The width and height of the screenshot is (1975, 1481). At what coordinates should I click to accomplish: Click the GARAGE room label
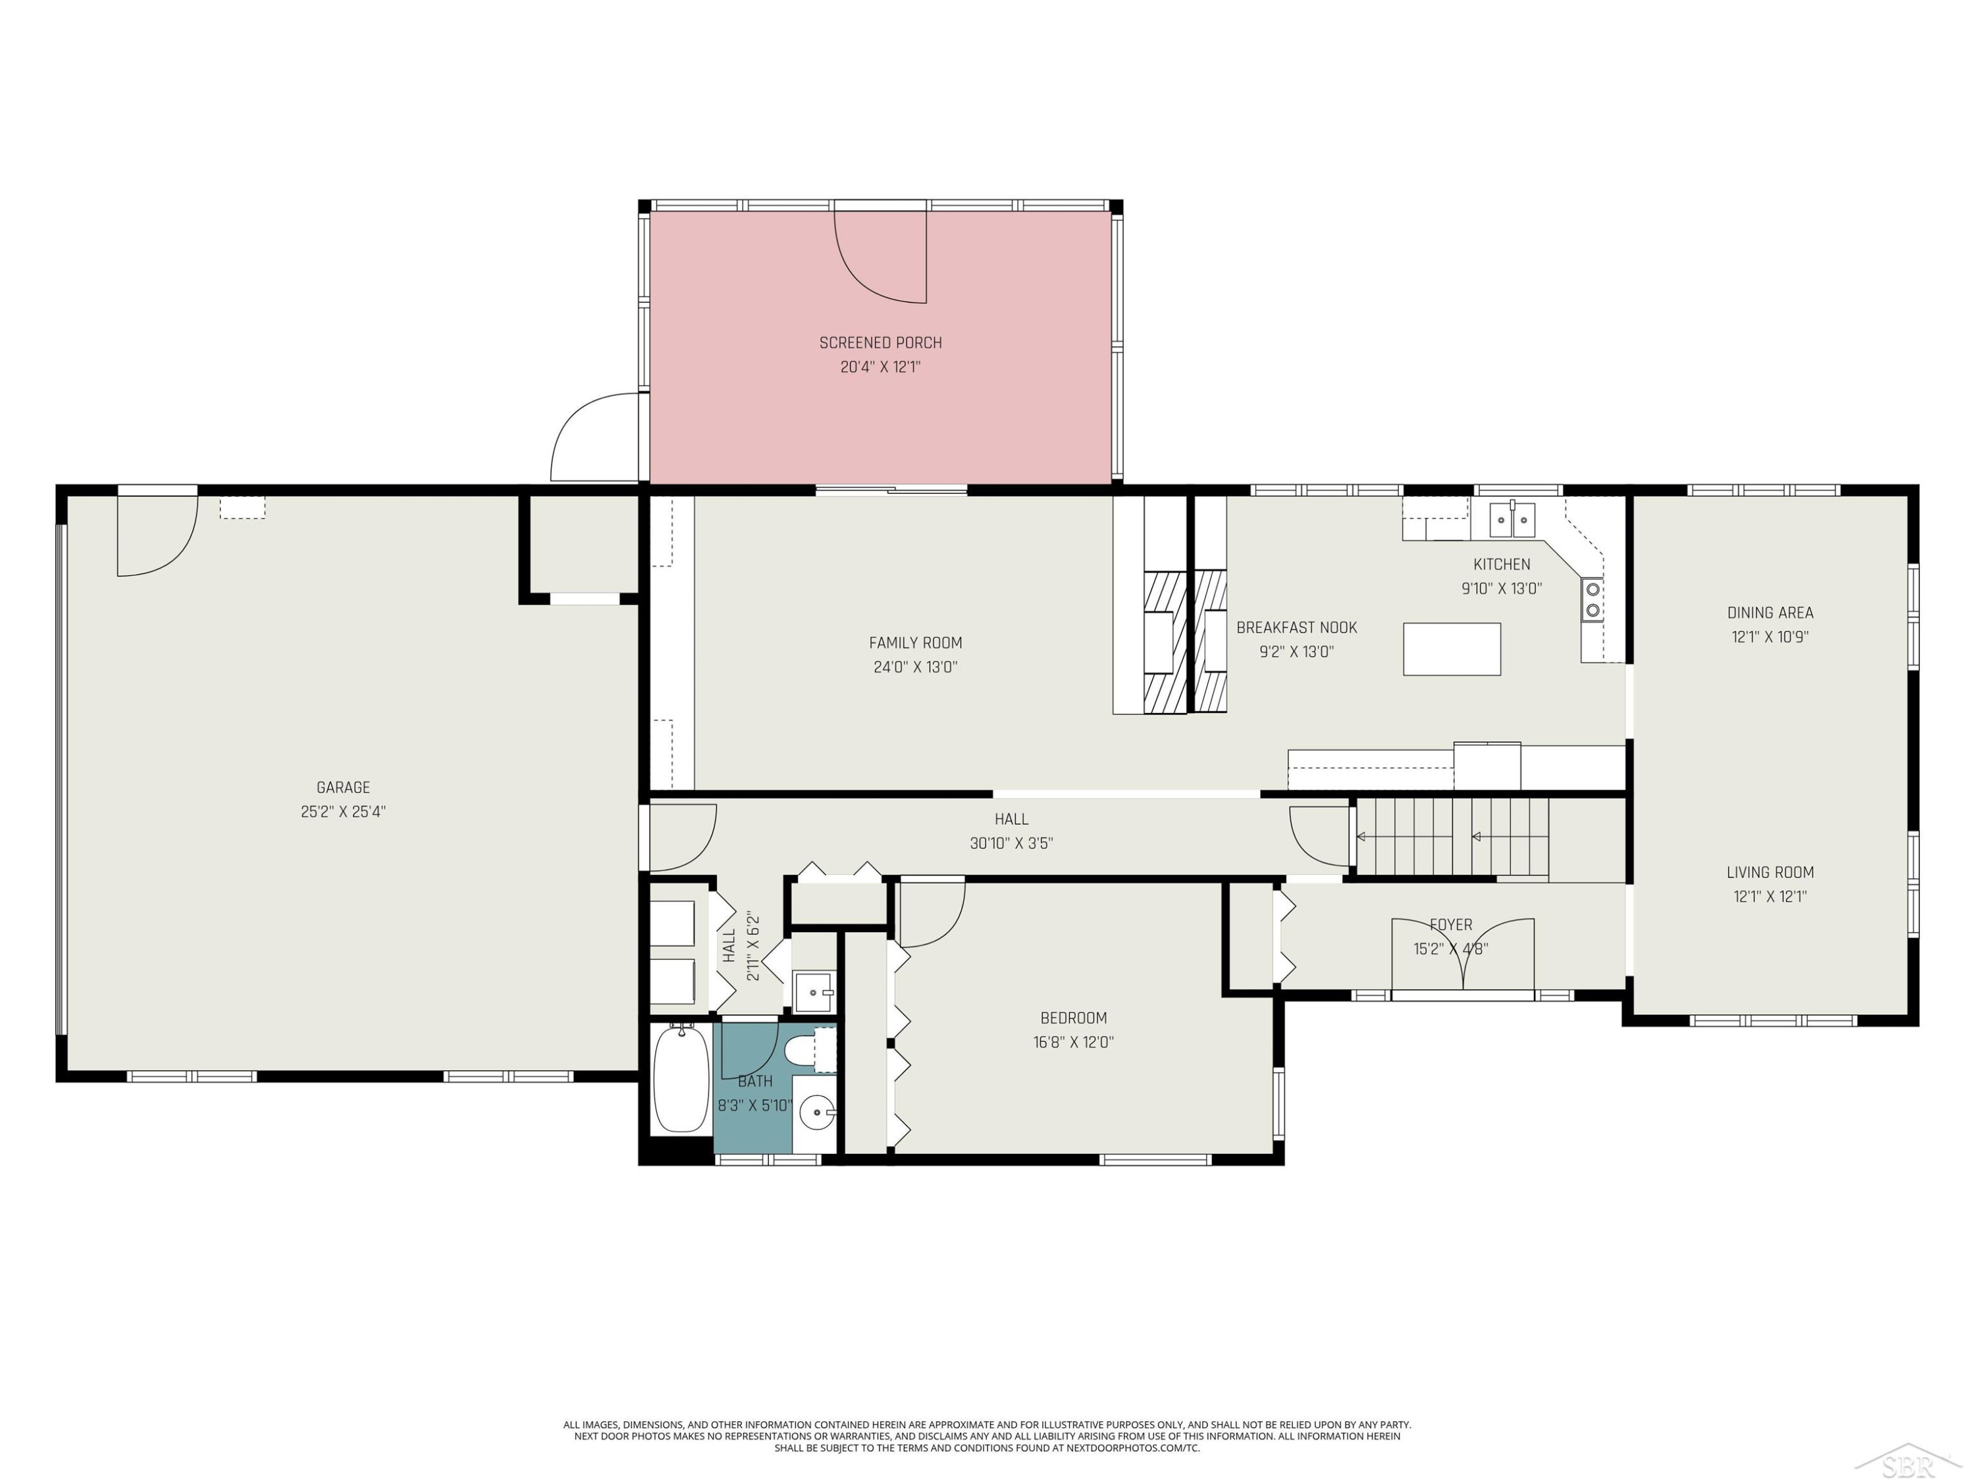pos(343,787)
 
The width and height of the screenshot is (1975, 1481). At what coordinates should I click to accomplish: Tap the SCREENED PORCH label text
pos(880,343)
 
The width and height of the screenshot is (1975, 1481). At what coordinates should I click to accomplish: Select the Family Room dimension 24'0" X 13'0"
pos(915,667)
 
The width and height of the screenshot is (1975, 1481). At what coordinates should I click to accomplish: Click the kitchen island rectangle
pos(1452,649)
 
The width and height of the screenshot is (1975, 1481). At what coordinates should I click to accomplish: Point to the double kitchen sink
pos(1512,519)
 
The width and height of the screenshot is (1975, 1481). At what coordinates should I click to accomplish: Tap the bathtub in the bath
pos(681,1078)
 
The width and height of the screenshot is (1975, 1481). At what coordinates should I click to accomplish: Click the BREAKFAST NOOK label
pos(1296,627)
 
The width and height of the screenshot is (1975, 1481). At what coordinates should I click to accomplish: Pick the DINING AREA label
pos(1770,612)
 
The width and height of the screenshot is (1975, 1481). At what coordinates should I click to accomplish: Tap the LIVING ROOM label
pos(1770,872)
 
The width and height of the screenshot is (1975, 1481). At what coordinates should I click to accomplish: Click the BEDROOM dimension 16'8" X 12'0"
pos(1073,1042)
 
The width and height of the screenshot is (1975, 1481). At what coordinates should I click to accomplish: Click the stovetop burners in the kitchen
pos(1592,599)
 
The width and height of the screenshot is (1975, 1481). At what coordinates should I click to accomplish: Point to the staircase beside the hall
pos(1453,837)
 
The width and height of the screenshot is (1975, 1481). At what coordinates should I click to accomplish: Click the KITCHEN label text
pos(1501,564)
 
